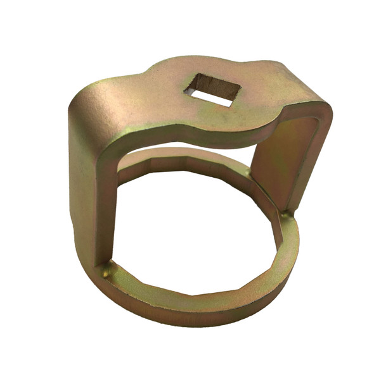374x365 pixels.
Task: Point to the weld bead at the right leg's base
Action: pos(287,215)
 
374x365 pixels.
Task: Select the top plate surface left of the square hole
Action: pos(152,95)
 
